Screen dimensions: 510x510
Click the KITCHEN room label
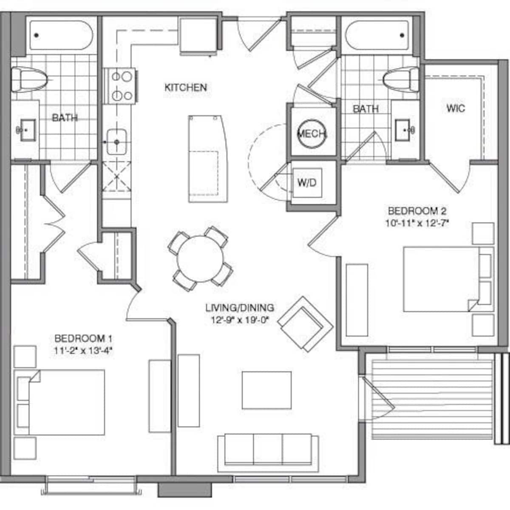pos(186,88)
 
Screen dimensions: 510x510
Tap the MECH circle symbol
pos(311,133)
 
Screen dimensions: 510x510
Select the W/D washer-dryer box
pos(307,183)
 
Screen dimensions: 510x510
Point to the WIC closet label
pos(456,108)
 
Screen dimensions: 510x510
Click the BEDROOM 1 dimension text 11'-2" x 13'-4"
pos(84,351)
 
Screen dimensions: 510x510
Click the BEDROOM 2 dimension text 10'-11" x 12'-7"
pos(418,224)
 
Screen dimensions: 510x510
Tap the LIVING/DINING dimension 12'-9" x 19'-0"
pos(240,320)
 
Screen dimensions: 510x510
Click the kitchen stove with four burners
pos(119,86)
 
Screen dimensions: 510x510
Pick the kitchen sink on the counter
pos(116,142)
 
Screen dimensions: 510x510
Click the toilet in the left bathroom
pos(29,79)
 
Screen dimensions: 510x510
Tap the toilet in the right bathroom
pos(401,79)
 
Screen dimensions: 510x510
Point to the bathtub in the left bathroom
pos(61,35)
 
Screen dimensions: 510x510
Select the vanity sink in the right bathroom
pos(403,130)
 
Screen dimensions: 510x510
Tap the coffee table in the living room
pos(267,390)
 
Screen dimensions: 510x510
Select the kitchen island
pos(208,159)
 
